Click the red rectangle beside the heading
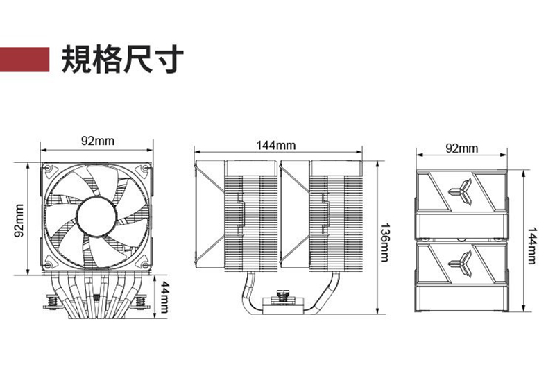coord(24,59)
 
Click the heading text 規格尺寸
coord(123,59)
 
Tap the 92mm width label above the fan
coord(98,141)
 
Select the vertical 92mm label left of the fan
coord(19,220)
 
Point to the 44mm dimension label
coord(164,297)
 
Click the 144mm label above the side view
coord(275,145)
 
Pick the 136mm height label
coord(384,243)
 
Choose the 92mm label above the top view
coord(461,148)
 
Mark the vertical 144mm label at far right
coord(531,246)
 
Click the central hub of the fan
coord(96,216)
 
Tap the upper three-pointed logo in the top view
coord(461,191)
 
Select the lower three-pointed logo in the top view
coord(461,264)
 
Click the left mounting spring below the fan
coord(53,302)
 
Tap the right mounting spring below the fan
coord(141,302)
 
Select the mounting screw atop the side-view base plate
coord(282,294)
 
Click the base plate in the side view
coord(283,306)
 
